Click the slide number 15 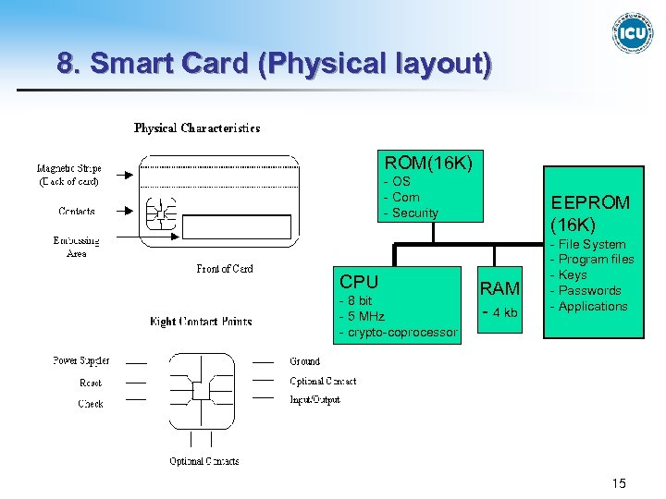click(x=619, y=483)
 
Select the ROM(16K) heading click(x=428, y=163)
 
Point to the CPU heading click(x=359, y=282)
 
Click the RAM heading click(x=499, y=289)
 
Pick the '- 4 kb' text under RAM click(x=499, y=312)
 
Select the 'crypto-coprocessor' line click(x=400, y=333)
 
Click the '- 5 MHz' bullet click(x=363, y=317)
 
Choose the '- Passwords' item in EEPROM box click(x=586, y=290)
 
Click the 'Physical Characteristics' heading click(x=197, y=128)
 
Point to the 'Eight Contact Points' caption click(x=201, y=322)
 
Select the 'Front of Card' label click(x=224, y=269)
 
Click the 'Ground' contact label click(x=304, y=361)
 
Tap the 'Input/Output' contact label click(x=314, y=400)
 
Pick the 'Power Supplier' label click(x=80, y=360)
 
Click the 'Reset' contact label click(x=91, y=382)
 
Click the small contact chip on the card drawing click(x=158, y=214)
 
